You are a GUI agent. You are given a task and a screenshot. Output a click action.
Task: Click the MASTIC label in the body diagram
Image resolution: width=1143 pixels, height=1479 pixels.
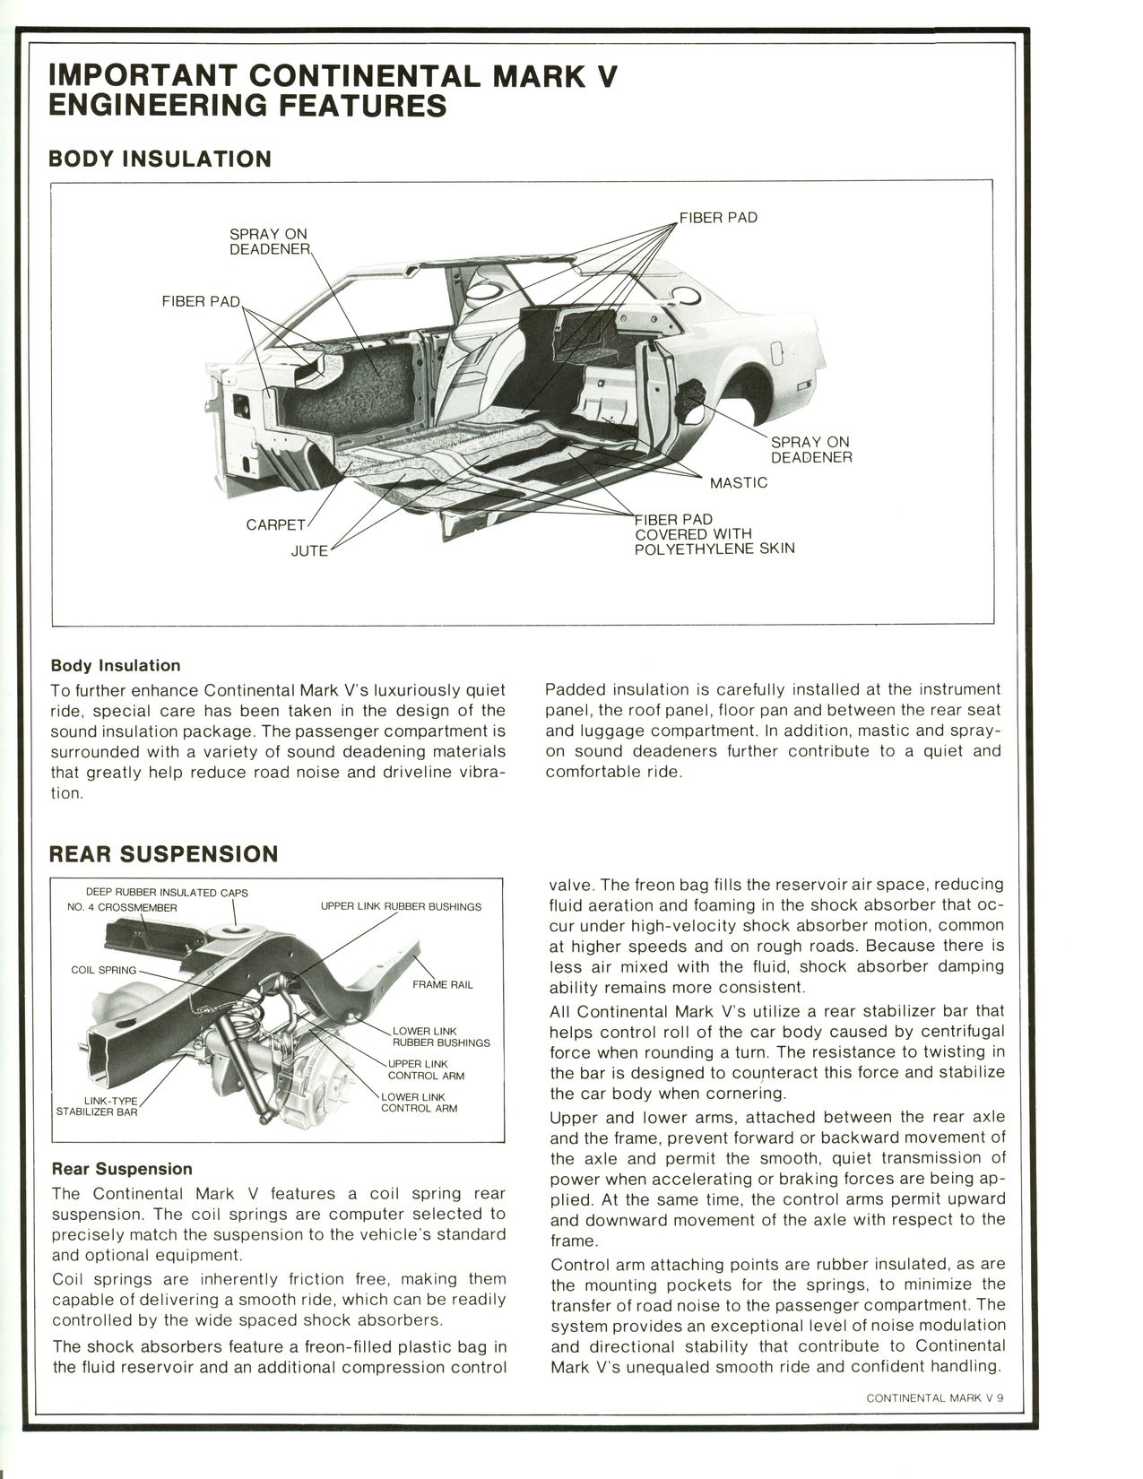click(738, 483)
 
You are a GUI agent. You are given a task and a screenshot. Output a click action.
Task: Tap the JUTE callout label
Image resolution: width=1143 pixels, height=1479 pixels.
click(309, 550)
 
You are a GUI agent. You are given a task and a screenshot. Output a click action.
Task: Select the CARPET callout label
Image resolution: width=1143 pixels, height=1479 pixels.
click(276, 524)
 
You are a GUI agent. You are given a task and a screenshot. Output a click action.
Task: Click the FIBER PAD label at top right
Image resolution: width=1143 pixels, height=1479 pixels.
click(717, 217)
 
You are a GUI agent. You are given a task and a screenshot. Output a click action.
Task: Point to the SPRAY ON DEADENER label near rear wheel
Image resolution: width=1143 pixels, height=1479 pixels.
click(810, 449)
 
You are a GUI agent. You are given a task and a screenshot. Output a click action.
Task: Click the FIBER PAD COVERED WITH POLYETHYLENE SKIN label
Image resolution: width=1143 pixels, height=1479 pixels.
click(714, 533)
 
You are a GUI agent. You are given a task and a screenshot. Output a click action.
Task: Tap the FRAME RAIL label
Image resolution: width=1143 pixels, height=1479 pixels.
click(442, 984)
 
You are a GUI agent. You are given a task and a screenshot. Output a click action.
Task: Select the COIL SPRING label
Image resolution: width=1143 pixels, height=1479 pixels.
click(103, 970)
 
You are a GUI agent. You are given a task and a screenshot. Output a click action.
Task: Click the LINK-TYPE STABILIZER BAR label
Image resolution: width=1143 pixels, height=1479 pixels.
click(97, 1105)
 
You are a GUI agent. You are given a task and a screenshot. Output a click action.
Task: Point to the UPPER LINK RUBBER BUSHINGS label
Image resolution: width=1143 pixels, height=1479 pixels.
click(401, 906)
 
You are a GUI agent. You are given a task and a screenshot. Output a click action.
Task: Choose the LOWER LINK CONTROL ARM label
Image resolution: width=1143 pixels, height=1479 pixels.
click(419, 1102)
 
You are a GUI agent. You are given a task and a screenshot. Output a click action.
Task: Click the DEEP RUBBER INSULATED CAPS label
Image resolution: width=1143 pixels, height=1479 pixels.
click(167, 892)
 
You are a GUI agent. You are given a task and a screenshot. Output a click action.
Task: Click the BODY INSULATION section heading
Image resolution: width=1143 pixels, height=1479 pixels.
click(159, 159)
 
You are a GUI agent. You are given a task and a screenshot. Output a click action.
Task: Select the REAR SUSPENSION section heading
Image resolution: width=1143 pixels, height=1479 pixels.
click(162, 853)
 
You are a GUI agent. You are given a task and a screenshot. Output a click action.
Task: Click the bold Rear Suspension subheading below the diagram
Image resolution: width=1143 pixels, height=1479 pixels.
click(122, 1169)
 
